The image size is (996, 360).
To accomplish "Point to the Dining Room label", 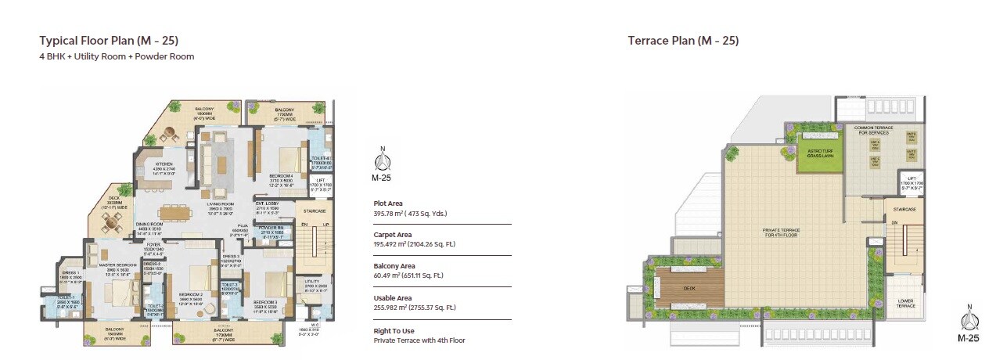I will coord(147,224).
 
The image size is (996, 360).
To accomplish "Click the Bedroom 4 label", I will coord(280,176).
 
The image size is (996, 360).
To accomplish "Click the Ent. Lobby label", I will coord(268,203).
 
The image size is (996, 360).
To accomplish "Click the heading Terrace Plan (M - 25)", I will coord(683,41).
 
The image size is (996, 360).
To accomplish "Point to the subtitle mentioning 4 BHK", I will coord(117,56).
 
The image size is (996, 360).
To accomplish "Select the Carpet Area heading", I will coord(392,233).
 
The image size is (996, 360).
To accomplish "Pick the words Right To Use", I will coord(393,331).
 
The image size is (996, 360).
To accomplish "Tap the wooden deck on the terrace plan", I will coord(690,288).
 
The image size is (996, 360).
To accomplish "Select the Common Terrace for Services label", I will coord(874,130).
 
